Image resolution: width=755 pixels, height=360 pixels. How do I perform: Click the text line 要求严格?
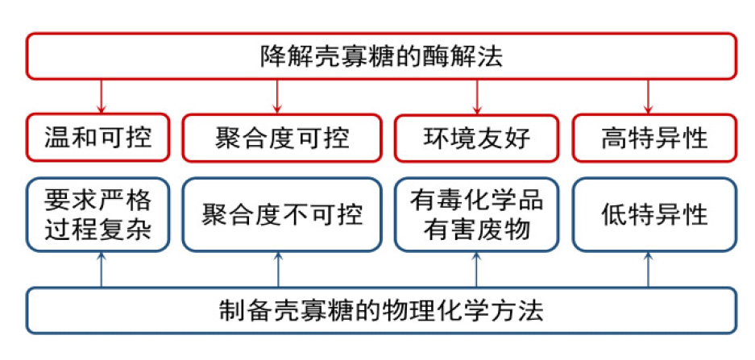[97, 201]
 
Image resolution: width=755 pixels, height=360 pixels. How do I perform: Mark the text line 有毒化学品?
[477, 201]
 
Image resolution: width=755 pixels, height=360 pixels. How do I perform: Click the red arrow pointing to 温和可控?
[101, 97]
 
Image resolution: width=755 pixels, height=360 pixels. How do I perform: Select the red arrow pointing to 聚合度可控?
[277, 97]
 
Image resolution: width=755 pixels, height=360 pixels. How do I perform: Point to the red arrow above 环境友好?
[477, 97]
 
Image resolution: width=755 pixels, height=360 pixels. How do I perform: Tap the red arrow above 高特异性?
[648, 97]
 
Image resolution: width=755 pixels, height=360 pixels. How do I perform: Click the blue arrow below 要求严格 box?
[101, 270]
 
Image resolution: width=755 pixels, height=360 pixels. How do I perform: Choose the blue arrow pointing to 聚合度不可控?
[278, 270]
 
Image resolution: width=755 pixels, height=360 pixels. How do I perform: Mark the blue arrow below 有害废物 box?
[477, 270]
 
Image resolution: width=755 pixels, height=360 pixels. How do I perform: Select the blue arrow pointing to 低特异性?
[648, 270]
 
